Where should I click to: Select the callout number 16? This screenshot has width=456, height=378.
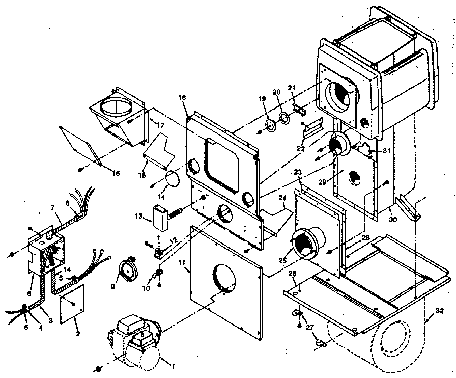pyautogui.click(x=116, y=174)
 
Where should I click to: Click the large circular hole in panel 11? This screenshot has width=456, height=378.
pyautogui.click(x=224, y=278)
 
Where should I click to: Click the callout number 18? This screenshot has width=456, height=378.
pyautogui.click(x=183, y=97)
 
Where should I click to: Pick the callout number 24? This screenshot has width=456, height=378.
pyautogui.click(x=281, y=198)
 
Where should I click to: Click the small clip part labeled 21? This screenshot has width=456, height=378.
pyautogui.click(x=300, y=109)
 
